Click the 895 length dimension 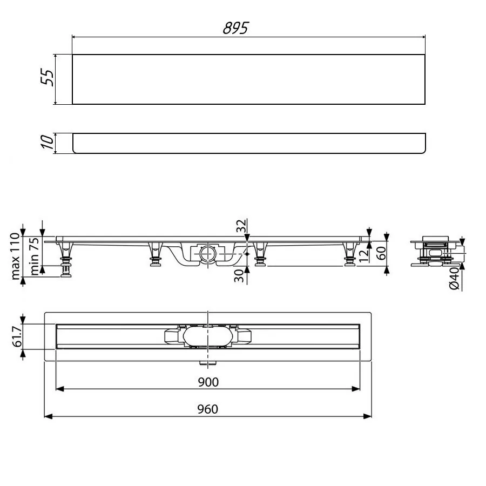(235, 29)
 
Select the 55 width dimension (48, 79)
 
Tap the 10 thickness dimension (48, 143)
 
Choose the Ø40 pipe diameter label (455, 278)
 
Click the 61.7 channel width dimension (16, 336)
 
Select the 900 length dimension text (208, 382)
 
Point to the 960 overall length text (208, 409)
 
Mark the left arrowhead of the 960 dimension (46, 416)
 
